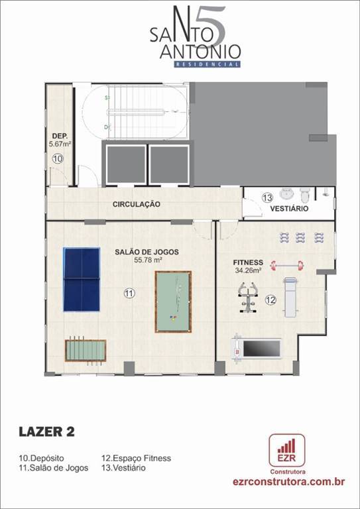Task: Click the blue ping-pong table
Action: point(82,279)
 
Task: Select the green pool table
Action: point(173,302)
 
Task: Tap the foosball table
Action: point(86,351)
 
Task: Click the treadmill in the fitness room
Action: point(256,349)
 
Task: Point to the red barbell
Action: point(288,266)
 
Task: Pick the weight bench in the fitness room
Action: point(290,297)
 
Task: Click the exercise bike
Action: point(249,298)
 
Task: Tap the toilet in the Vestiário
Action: point(305,194)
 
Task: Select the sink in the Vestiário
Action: point(287,194)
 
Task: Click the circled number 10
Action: point(58,159)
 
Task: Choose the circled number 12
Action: point(270,300)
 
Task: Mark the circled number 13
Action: point(268,197)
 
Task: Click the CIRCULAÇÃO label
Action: point(137,204)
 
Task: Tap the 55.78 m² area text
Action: point(148,259)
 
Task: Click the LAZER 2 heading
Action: point(47,431)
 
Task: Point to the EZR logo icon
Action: point(287,450)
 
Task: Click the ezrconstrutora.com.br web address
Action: point(288,481)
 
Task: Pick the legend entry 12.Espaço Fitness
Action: point(137,459)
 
